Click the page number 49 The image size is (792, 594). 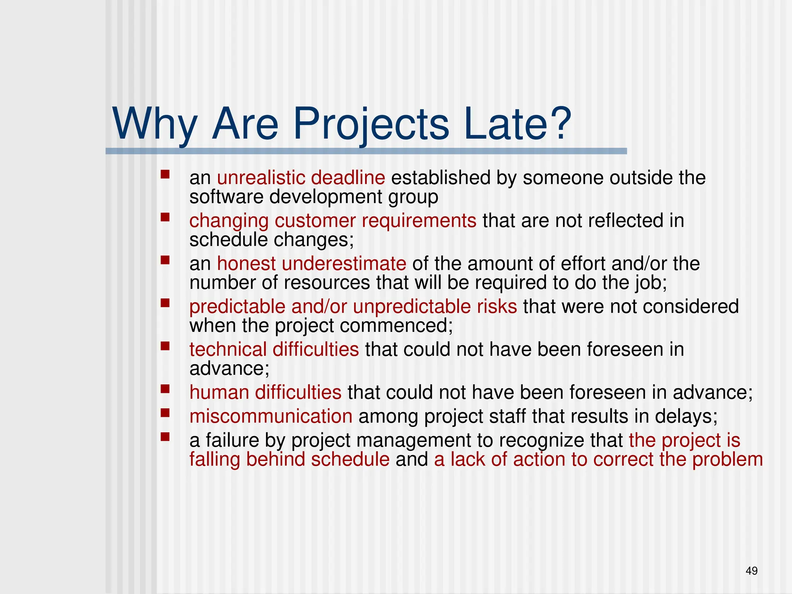coord(751,571)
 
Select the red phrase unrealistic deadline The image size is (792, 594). coord(301,178)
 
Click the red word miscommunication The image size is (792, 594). coord(271,416)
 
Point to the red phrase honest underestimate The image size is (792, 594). coord(311,264)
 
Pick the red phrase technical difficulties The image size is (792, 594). coord(274,349)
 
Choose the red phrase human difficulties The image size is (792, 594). coord(265,393)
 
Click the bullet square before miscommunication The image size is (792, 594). coord(166,413)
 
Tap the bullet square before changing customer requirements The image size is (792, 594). coord(166,217)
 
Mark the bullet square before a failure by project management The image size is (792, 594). coord(166,437)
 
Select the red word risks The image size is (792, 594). coord(497,307)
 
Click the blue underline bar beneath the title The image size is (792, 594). coord(366,151)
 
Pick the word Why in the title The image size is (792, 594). coord(155,125)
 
